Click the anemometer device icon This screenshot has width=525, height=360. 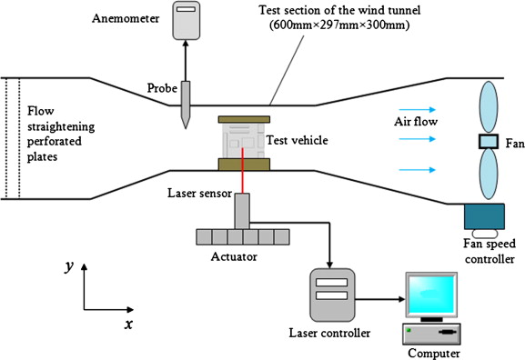pos(187,20)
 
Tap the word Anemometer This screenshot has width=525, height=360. pos(126,18)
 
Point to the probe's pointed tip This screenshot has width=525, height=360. pos(186,128)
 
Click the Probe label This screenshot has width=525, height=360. pos(162,88)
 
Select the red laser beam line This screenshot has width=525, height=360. pos(242,170)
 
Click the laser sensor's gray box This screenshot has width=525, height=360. pos(242,212)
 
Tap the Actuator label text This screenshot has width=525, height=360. pos(234,257)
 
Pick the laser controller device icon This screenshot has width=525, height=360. pos(332,295)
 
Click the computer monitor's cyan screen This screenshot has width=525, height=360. pos(431,295)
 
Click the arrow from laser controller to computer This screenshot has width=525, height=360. pos(380,299)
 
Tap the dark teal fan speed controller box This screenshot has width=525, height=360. pos(484,216)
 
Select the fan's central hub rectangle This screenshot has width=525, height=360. pos(489,141)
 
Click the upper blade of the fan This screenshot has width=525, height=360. pos(489,107)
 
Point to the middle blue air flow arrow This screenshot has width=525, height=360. pos(418,139)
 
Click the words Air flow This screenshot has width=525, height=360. pos(416,122)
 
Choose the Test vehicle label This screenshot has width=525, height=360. pos(297,140)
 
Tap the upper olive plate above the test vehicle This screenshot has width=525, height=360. pos(244,119)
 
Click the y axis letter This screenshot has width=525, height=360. pos(69,267)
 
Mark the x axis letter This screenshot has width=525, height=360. pos(128,325)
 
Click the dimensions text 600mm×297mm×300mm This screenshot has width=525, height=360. pos(339,25)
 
